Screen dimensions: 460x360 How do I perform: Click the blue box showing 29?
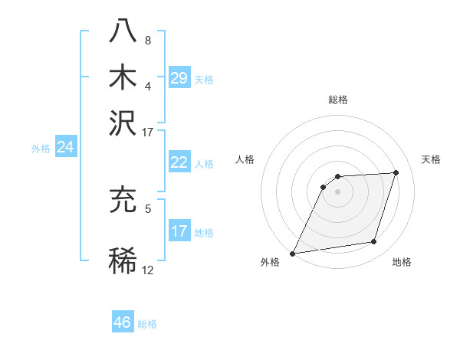(179, 77)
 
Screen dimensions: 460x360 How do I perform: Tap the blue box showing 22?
(179, 162)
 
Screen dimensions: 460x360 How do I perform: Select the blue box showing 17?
(179, 231)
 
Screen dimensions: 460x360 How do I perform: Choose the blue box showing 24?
(66, 147)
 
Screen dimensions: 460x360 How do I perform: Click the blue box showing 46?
(123, 322)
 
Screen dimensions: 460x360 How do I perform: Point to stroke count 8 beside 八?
(148, 40)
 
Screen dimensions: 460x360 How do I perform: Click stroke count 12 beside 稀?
(148, 270)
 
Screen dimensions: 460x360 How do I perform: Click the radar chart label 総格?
(338, 100)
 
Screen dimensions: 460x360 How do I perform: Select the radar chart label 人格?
(245, 159)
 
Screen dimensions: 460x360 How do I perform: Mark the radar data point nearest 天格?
(396, 172)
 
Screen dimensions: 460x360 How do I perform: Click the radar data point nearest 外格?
(293, 254)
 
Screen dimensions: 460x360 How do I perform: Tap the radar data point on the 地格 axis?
(374, 242)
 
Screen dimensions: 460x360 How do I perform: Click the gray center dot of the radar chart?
(338, 191)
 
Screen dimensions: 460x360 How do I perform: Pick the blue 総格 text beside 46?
(147, 324)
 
